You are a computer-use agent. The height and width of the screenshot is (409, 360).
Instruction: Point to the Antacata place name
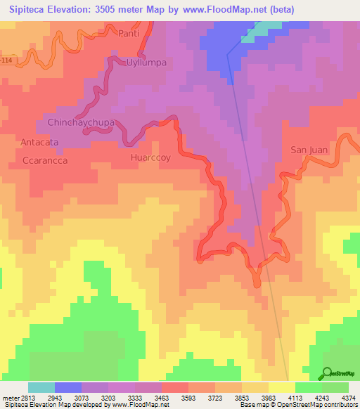coord(39,142)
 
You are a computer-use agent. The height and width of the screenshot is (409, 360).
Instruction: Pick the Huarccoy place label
coord(150,158)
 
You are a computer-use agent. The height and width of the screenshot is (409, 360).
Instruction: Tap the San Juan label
coord(309,150)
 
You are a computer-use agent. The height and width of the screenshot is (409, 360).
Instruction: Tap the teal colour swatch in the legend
coord(41,387)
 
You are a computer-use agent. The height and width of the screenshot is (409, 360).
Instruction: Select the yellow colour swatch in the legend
coord(281,387)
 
